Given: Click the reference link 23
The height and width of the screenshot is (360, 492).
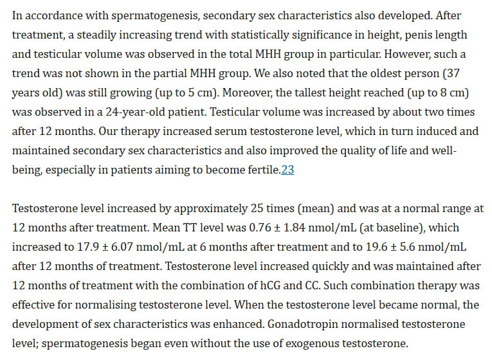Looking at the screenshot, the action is point(287,170).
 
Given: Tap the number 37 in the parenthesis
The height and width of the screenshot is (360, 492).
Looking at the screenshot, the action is point(453,73).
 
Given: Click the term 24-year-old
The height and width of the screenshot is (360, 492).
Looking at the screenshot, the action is point(135,112).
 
